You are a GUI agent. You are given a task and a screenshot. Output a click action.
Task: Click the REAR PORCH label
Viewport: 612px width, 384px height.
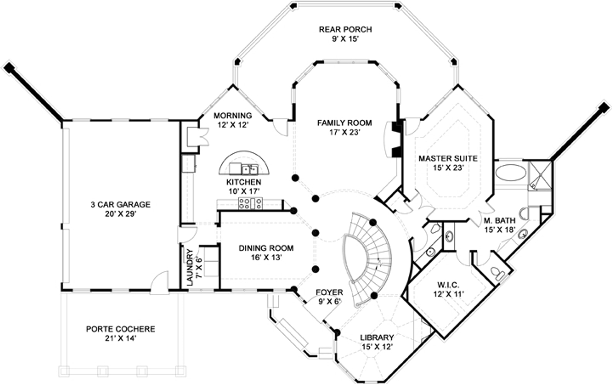click(x=345, y=30)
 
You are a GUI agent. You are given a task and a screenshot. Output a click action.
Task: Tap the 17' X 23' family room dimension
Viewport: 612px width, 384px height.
click(x=344, y=132)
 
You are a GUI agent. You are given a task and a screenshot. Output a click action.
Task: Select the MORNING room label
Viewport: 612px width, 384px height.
click(x=232, y=115)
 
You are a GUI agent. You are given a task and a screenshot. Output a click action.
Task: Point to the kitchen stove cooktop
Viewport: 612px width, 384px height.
click(x=250, y=203)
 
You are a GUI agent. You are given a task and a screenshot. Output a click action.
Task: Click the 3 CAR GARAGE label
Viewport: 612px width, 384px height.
click(x=120, y=205)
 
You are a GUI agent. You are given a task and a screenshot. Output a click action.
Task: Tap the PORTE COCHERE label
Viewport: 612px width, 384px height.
click(x=120, y=329)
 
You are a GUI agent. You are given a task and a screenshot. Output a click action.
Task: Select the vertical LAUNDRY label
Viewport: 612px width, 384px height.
click(x=189, y=267)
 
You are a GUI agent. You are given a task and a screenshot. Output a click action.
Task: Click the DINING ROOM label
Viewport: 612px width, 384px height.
click(x=266, y=248)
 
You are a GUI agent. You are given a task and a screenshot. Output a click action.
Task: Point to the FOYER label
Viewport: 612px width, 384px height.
click(x=329, y=293)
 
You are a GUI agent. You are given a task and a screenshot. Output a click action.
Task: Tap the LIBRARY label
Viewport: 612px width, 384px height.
click(x=376, y=338)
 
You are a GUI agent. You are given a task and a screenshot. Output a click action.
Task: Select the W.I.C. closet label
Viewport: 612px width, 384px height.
click(x=448, y=285)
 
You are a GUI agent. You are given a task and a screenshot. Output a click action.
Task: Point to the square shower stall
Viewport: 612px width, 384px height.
click(x=539, y=175)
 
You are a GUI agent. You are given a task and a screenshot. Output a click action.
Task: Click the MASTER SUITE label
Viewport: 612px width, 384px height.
click(x=448, y=158)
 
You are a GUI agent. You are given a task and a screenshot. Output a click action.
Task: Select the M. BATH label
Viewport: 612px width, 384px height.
click(x=499, y=221)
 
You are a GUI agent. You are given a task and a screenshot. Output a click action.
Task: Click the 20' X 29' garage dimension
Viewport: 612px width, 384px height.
click(x=120, y=214)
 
